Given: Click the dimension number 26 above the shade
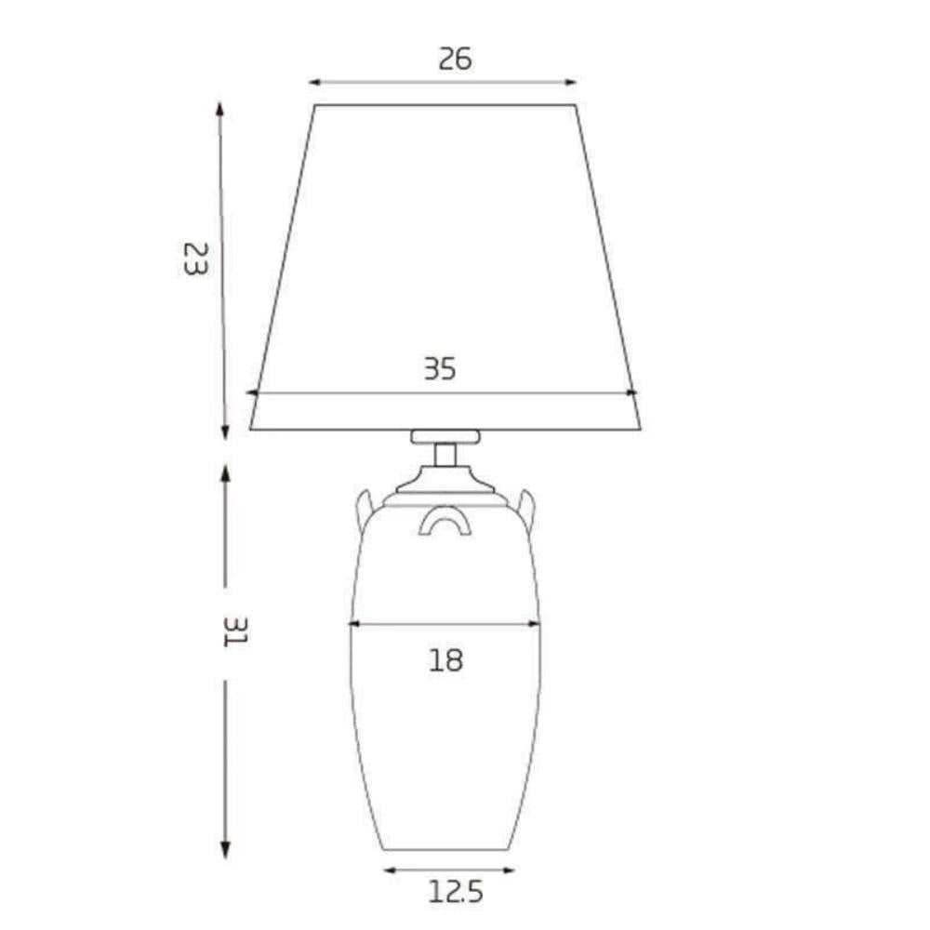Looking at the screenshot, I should pos(455,59).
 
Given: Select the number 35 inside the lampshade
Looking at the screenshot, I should pos(440,369).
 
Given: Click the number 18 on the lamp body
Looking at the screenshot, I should pos(445,660).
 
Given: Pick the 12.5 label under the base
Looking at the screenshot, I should pos(456,894).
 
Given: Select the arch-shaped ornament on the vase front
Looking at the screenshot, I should pos(445,521).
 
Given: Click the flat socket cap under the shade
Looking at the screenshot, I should pos(445,436).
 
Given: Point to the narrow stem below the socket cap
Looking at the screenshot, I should pos(445,456).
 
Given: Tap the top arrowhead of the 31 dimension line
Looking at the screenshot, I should pos(225,472).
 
